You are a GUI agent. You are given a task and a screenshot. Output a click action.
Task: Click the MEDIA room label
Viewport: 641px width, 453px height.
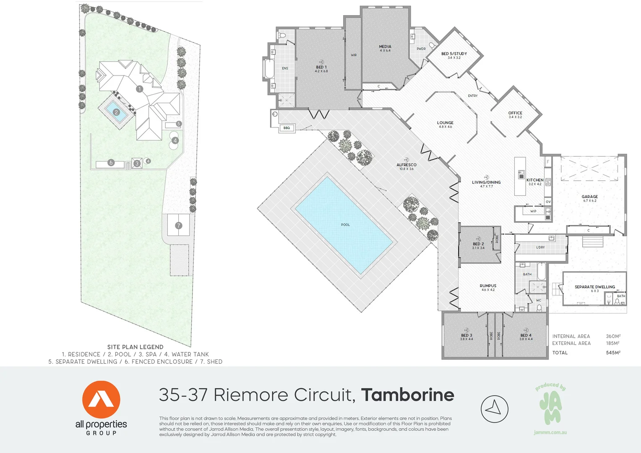(385, 47)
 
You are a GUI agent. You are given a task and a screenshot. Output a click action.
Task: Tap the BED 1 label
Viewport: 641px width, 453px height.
(321, 67)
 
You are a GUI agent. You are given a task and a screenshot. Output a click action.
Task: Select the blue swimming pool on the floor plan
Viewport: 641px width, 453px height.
(344, 224)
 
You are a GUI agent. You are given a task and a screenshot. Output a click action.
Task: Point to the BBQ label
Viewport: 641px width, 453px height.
(287, 128)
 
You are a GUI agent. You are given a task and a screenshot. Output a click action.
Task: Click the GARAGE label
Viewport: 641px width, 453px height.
(589, 197)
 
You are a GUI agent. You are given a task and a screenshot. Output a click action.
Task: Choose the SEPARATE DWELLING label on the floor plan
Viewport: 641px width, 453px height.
(594, 287)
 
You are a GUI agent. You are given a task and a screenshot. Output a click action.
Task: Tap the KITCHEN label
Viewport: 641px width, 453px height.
(535, 180)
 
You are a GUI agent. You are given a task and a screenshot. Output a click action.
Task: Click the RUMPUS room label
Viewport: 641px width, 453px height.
(488, 286)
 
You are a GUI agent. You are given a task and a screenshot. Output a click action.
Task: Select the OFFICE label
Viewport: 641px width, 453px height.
(515, 113)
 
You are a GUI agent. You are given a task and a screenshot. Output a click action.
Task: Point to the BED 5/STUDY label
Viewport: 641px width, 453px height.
(454, 54)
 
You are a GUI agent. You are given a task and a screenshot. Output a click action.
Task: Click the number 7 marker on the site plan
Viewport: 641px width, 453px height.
(179, 226)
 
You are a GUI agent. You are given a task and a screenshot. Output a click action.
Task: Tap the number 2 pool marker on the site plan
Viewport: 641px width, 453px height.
(117, 112)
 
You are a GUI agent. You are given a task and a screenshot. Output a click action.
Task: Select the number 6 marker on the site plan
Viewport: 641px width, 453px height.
(111, 163)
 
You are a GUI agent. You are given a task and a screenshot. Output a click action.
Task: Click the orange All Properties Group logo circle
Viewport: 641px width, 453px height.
(101, 400)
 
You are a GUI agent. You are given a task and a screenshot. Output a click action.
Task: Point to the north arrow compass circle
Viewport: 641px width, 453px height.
(494, 409)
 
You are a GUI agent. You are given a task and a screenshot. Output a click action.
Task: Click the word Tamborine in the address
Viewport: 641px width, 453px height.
(407, 395)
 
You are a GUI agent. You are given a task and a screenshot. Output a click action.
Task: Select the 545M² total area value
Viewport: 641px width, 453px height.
(613, 353)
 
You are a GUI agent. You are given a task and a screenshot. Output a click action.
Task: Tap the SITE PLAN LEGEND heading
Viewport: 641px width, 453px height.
(135, 347)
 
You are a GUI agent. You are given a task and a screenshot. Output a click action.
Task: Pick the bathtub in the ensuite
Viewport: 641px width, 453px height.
(269, 69)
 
